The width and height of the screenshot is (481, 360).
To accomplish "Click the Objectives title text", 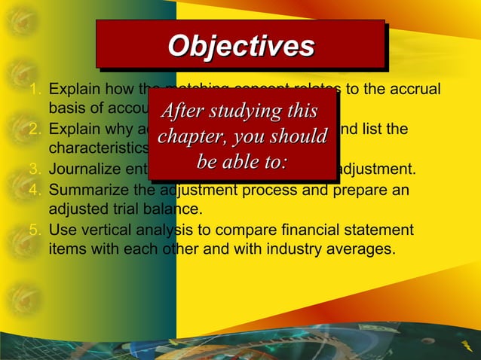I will (240, 46).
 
